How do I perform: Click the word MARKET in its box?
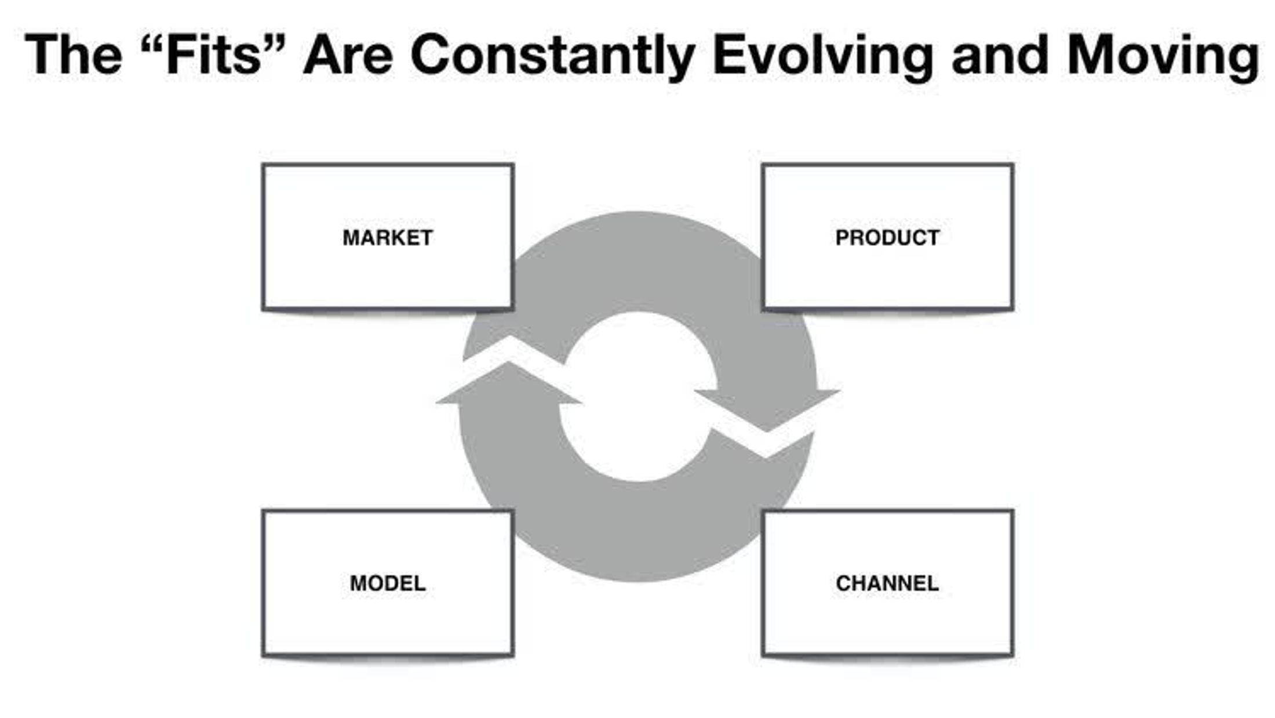click(387, 238)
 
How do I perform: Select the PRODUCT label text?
click(887, 238)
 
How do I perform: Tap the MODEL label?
click(387, 583)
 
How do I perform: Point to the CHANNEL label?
click(887, 583)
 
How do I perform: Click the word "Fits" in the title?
click(213, 55)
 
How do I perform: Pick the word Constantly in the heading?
click(552, 55)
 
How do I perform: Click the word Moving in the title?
click(1163, 55)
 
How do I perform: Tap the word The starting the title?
click(73, 55)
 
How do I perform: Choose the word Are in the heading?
click(348, 55)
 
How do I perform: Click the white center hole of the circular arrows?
click(637, 397)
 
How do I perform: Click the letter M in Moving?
click(1092, 55)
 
